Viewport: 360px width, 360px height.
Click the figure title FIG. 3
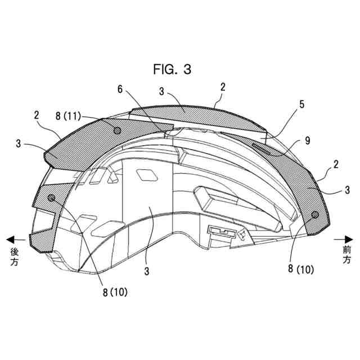(x=172, y=69)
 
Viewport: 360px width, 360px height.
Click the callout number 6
(x=120, y=89)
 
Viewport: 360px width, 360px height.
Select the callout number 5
(x=301, y=105)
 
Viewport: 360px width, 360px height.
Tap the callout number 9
(x=308, y=140)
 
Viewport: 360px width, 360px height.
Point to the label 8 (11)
(x=68, y=116)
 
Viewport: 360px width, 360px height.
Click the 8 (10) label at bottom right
(x=301, y=269)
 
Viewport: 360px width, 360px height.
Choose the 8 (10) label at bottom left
(x=115, y=292)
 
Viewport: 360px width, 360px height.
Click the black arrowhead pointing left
(x=11, y=240)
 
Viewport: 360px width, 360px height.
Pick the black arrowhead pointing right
(x=349, y=240)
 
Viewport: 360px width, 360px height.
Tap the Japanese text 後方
(x=14, y=257)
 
